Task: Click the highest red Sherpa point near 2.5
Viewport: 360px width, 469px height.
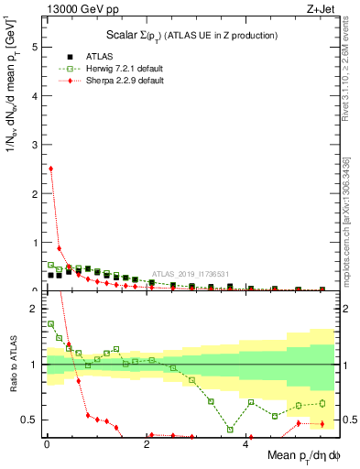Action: (50, 169)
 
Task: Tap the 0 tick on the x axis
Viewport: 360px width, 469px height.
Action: (47, 445)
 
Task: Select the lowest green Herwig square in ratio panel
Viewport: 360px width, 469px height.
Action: (231, 430)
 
